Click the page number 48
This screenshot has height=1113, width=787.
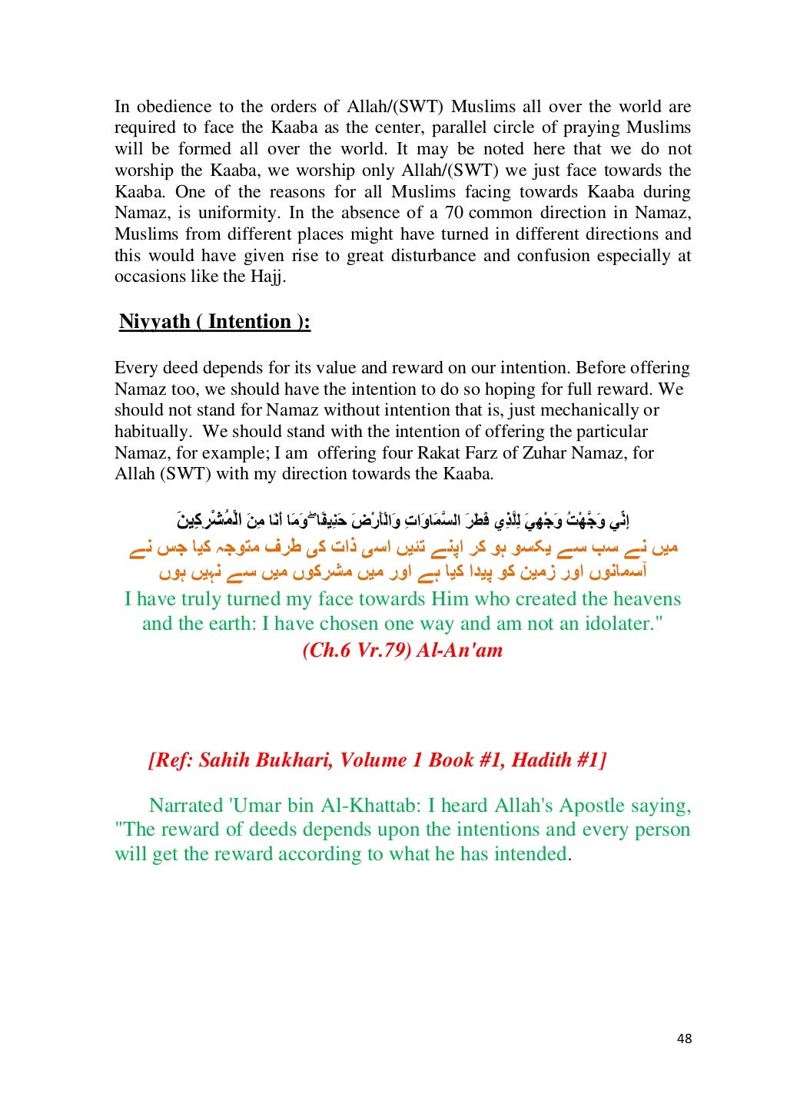684,1038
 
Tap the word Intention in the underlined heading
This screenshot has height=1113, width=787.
250,321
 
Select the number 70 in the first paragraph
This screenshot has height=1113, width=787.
454,213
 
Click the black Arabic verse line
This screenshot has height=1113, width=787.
403,522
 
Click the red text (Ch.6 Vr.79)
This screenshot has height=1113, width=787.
356,650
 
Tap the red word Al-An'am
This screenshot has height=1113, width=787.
460,650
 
